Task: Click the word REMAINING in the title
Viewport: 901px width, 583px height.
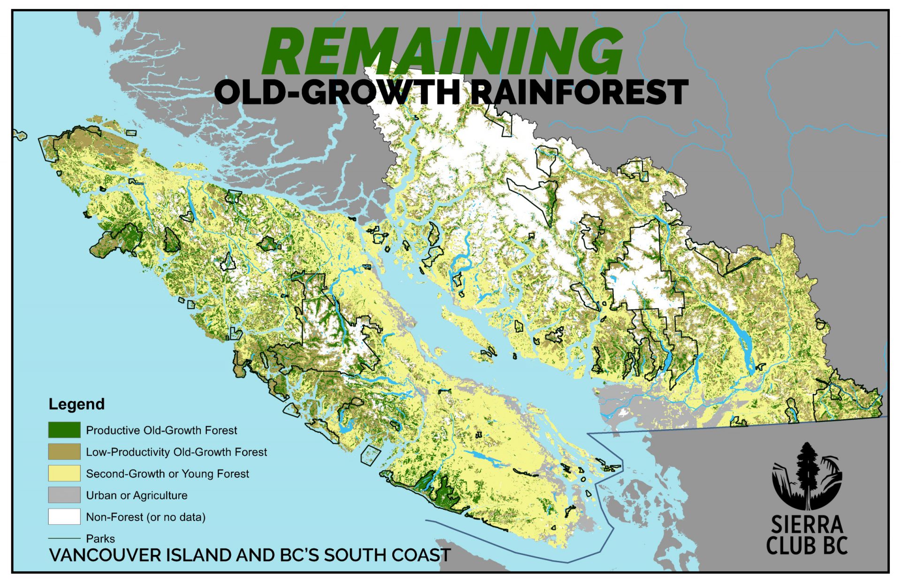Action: tap(443, 51)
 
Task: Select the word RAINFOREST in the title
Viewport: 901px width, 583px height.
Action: tap(579, 92)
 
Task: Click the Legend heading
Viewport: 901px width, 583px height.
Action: tap(76, 404)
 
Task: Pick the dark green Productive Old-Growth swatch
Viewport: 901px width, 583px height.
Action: tap(64, 430)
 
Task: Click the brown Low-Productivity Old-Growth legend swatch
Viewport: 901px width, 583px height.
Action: tap(64, 452)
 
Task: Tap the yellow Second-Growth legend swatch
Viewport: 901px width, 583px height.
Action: tap(64, 473)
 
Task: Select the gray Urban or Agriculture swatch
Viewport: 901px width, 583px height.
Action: tap(64, 495)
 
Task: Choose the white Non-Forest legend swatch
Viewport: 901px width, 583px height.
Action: tap(64, 516)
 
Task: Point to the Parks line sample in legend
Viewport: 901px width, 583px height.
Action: tap(64, 538)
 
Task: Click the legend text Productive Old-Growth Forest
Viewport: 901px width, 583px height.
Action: tap(161, 430)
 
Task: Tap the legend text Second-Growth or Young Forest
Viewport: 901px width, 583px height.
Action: tap(168, 474)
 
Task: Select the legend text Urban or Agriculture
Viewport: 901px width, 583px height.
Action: tap(137, 495)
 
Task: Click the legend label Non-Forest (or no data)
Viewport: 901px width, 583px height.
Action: tap(146, 517)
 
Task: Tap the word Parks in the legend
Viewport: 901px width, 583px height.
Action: tap(100, 538)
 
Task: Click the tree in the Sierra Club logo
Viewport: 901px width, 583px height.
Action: tap(808, 474)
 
